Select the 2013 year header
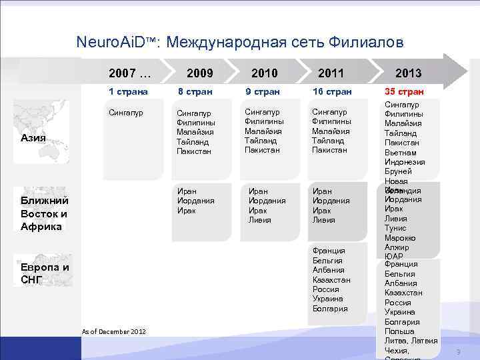[x=408, y=73]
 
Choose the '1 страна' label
[x=129, y=91]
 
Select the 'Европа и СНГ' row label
[x=44, y=273]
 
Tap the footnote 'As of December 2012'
[x=113, y=331]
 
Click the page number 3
[x=458, y=351]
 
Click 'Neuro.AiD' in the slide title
[x=117, y=43]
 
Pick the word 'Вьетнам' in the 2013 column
[x=400, y=153]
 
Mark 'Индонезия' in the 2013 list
[x=404, y=162]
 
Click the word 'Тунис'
[x=395, y=228]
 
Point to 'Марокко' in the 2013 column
[x=400, y=238]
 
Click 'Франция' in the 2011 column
[x=329, y=251]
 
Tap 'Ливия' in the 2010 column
[x=260, y=220]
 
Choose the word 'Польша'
[x=399, y=331]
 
